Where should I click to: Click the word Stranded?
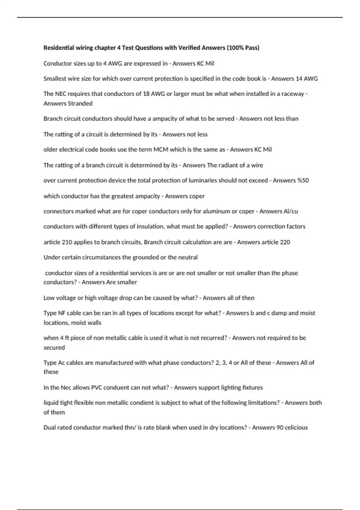80,103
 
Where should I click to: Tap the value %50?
303,181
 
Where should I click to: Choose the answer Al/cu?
291,211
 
